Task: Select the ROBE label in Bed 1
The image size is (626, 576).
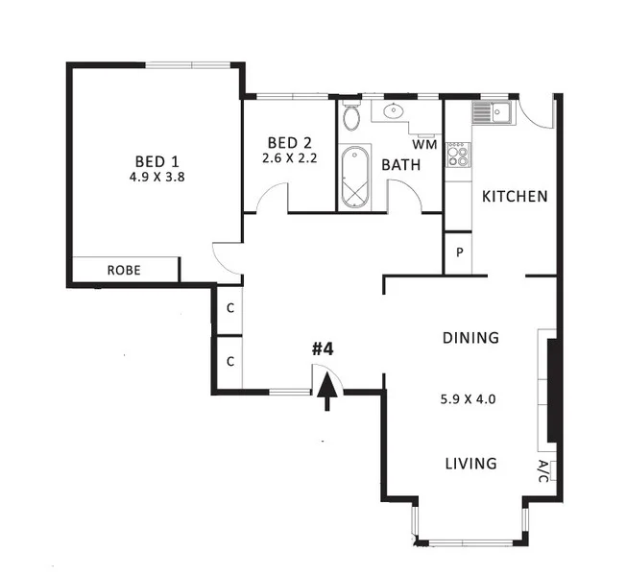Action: tap(124, 271)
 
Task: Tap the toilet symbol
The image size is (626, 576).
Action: tap(352, 118)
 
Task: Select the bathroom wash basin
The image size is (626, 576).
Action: tap(395, 113)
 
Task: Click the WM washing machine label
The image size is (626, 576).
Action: tap(424, 145)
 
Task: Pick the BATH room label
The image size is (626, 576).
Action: tap(401, 165)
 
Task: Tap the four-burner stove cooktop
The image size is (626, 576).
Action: tap(458, 154)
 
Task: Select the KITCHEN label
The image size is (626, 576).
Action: tap(515, 197)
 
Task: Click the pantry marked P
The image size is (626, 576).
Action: tap(459, 253)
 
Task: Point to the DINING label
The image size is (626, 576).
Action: tap(470, 338)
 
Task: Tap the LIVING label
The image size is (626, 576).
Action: tap(470, 464)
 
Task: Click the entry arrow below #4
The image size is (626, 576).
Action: tap(328, 391)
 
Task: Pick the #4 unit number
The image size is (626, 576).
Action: tap(323, 348)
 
